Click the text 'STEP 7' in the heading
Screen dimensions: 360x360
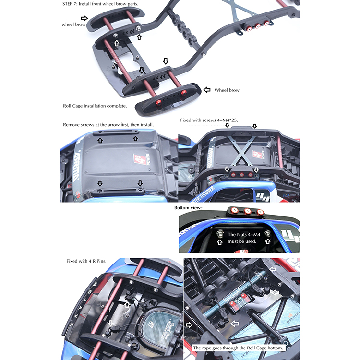tap(69, 4)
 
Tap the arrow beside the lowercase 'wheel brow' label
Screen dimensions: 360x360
tap(84, 18)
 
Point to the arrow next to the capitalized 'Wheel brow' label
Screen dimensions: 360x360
tap(207, 90)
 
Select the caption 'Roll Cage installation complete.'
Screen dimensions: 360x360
tap(95, 106)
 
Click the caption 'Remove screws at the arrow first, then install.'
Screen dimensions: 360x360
tap(108, 125)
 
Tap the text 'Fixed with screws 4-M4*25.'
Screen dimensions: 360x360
tap(209, 120)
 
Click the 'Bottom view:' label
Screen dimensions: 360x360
tap(188, 208)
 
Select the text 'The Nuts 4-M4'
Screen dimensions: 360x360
tap(244, 234)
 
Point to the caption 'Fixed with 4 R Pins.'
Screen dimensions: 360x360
tap(86, 261)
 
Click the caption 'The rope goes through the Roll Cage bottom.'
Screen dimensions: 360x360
tap(238, 348)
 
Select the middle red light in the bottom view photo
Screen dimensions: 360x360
tap(248, 211)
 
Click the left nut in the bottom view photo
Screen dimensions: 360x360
tap(220, 234)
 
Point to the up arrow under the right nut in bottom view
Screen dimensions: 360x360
tap(267, 241)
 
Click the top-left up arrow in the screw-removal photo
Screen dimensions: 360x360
tap(100, 141)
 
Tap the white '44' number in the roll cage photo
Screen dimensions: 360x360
tap(263, 197)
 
